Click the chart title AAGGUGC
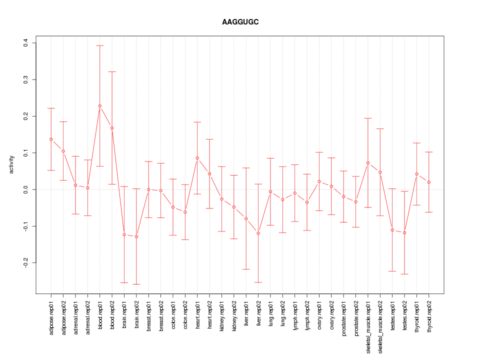pyautogui.click(x=240, y=22)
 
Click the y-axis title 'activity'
pyautogui.click(x=11, y=164)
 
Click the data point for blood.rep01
pyautogui.click(x=99, y=106)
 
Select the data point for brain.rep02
pyautogui.click(x=136, y=236)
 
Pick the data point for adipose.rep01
pyautogui.click(x=51, y=139)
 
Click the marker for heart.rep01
pyautogui.click(x=197, y=158)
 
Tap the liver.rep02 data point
pyautogui.click(x=258, y=233)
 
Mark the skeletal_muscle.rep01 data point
pyautogui.click(x=368, y=163)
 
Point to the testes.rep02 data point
pyautogui.click(x=404, y=233)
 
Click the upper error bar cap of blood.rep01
pyautogui.click(x=99, y=45)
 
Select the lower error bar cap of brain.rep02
pyautogui.click(x=136, y=284)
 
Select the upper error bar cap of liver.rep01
pyautogui.click(x=246, y=168)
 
